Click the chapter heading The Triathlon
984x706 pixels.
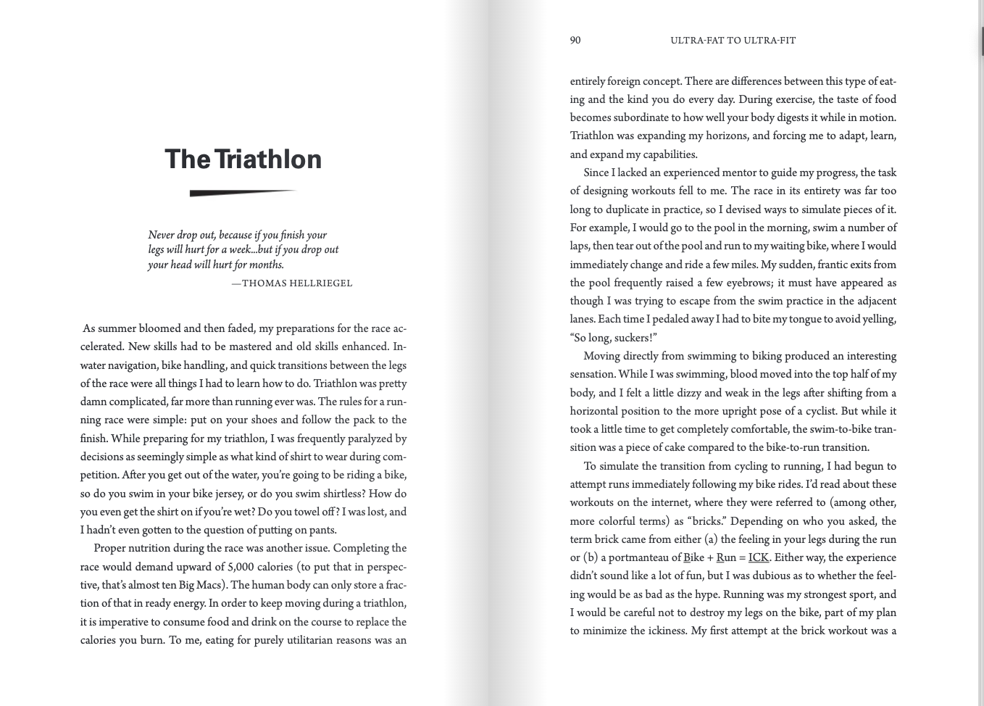(243, 159)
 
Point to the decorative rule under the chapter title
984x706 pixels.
(242, 193)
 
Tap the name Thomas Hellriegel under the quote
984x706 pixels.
(296, 283)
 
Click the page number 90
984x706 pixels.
(575, 41)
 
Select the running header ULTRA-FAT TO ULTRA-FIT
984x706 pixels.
(733, 41)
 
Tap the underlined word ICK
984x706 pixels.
(758, 557)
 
